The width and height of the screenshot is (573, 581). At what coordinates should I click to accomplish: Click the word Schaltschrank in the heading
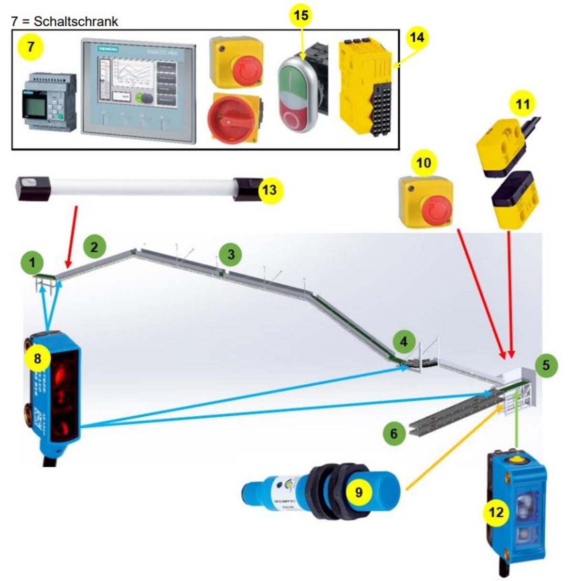[x=76, y=21]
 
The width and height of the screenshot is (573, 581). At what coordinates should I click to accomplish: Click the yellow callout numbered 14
[x=417, y=37]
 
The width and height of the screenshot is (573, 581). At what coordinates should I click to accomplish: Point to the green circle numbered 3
[x=231, y=254]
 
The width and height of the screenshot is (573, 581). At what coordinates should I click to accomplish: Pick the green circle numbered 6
[x=394, y=433]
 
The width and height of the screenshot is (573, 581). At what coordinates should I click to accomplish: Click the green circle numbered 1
[x=32, y=263]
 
